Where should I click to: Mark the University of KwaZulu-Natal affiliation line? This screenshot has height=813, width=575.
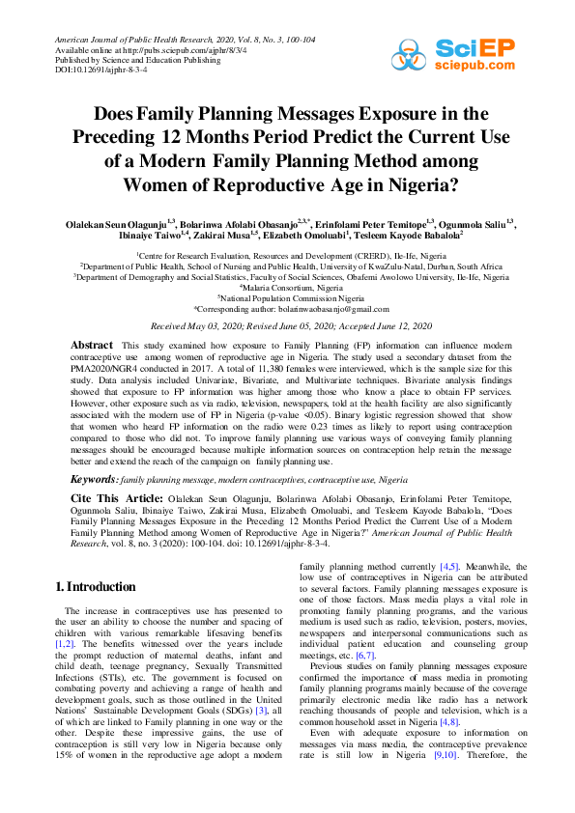click(x=287, y=266)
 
